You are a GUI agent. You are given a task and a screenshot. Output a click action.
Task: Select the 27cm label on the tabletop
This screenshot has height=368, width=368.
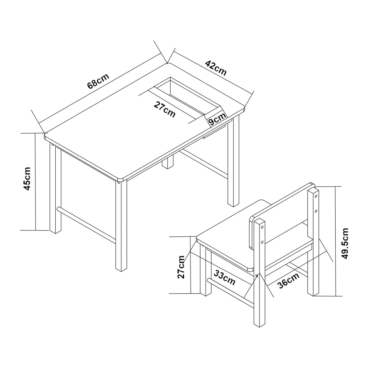pos(165,109)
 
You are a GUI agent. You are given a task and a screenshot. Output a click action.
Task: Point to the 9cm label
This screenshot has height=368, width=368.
pos(217,119)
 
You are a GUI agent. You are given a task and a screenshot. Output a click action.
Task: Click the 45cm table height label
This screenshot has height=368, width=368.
pos(27,179)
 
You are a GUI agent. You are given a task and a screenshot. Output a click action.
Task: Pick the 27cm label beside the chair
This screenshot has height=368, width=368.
pos(181,267)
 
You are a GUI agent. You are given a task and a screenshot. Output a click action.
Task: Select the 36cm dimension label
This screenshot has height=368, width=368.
pos(288,281)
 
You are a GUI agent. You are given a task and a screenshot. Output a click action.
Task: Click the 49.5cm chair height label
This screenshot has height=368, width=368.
pos(345,244)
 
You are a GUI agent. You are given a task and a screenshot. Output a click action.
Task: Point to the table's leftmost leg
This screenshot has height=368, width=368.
pos(55,190)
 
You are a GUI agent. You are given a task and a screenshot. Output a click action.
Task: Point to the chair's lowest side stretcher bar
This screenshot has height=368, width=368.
pos(230,293)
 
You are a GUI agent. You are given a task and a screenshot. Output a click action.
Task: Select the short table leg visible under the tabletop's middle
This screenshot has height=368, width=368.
pos(167,162)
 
